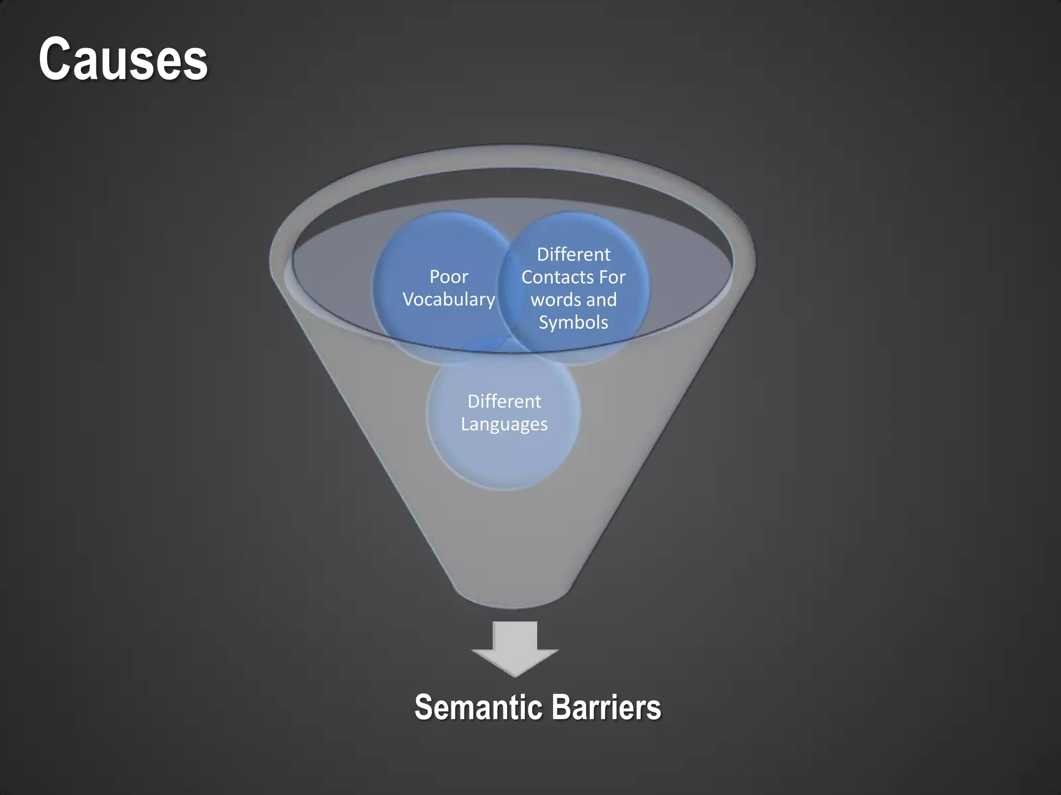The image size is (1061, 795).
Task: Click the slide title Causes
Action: (x=123, y=60)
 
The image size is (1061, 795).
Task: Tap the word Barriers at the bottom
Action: (x=606, y=708)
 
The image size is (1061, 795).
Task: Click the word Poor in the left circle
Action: (x=449, y=277)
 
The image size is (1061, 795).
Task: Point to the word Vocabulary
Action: (x=449, y=300)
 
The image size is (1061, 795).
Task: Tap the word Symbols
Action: (x=573, y=322)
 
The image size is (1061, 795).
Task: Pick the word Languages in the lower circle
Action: (x=504, y=424)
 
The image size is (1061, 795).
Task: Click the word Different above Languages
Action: (x=504, y=402)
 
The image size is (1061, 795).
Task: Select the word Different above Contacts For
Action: (x=573, y=255)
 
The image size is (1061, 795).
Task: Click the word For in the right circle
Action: (x=612, y=277)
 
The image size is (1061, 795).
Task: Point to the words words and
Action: (x=573, y=300)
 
